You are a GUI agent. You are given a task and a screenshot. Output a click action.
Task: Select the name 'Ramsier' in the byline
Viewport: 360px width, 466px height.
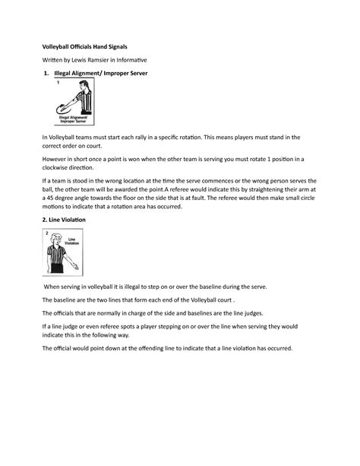[x=116, y=60]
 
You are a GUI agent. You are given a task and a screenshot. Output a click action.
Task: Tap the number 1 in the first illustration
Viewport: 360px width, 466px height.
[x=59, y=84]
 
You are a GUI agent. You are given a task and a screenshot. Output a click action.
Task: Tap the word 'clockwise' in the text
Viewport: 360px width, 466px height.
[x=58, y=171]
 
